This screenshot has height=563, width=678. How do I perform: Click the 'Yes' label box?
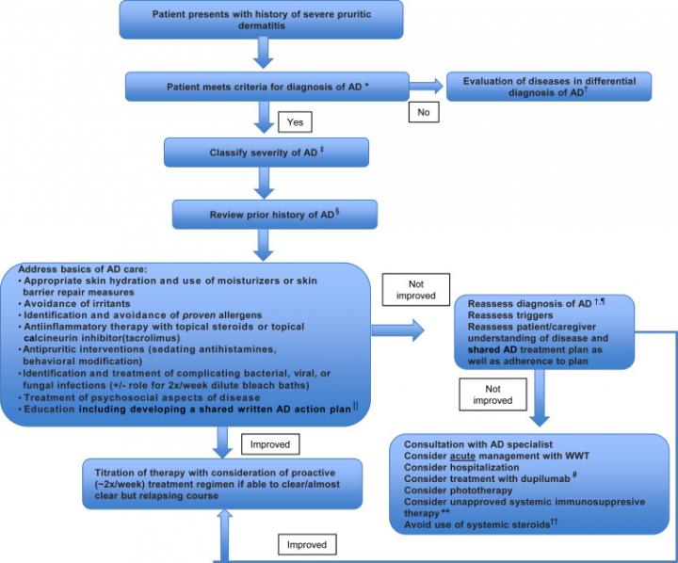tap(293, 121)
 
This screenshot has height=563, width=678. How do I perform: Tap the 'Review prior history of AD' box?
tap(274, 214)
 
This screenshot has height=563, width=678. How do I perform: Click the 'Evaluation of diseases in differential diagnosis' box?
tap(548, 87)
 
